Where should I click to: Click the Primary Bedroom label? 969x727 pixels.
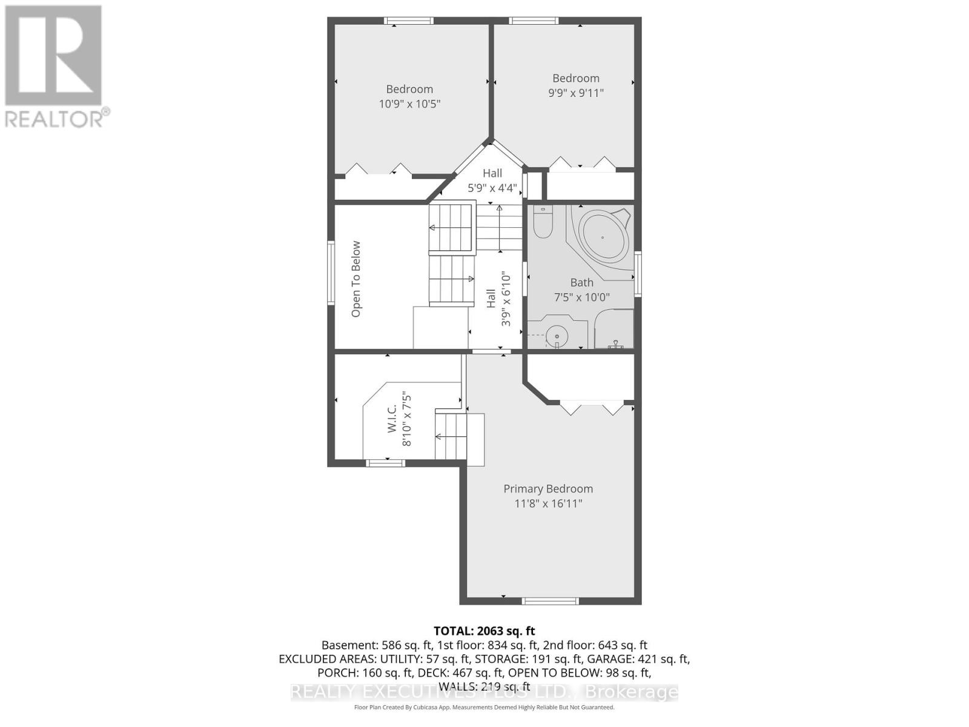tap(548, 489)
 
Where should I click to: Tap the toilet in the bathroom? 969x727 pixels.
tap(542, 222)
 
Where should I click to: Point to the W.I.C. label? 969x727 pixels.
tap(392, 419)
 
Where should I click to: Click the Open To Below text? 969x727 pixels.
tap(356, 279)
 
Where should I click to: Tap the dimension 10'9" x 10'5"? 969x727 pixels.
tap(409, 104)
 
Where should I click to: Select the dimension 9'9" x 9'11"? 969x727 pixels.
tap(575, 93)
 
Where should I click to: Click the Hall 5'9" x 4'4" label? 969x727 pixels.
tap(492, 181)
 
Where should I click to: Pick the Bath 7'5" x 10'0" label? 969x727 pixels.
tap(581, 290)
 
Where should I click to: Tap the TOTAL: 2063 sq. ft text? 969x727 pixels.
tap(484, 631)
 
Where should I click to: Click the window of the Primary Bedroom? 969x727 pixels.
tap(550, 601)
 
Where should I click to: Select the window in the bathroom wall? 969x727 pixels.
tap(638, 274)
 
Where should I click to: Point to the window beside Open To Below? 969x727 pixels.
tap(331, 272)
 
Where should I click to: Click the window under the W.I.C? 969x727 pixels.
tap(386, 463)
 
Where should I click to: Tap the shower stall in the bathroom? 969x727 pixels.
tap(615, 330)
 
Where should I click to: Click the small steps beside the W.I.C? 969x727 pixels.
tap(459, 438)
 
